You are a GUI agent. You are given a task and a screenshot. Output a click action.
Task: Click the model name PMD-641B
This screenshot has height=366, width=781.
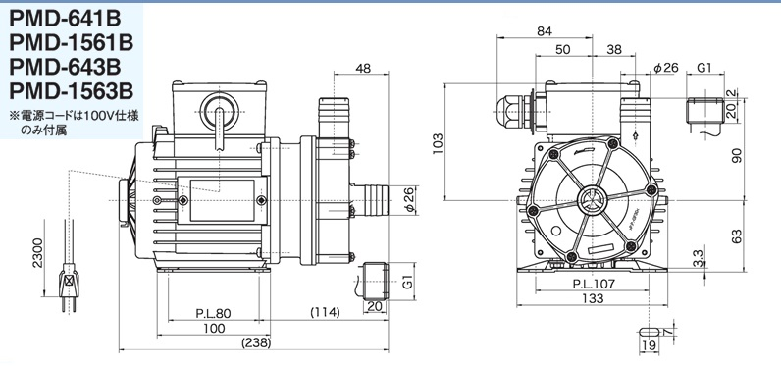[x=66, y=19]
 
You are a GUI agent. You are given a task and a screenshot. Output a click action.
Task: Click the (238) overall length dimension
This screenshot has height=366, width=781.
[x=256, y=343]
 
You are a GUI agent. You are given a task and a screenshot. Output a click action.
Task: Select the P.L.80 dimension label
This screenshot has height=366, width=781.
[x=213, y=313]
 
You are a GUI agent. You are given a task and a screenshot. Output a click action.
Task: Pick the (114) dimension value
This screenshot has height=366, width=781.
[x=325, y=313]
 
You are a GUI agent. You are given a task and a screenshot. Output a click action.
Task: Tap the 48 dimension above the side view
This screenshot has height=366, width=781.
[x=364, y=68]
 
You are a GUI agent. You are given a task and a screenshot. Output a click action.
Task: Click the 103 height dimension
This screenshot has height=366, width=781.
[x=438, y=143]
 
